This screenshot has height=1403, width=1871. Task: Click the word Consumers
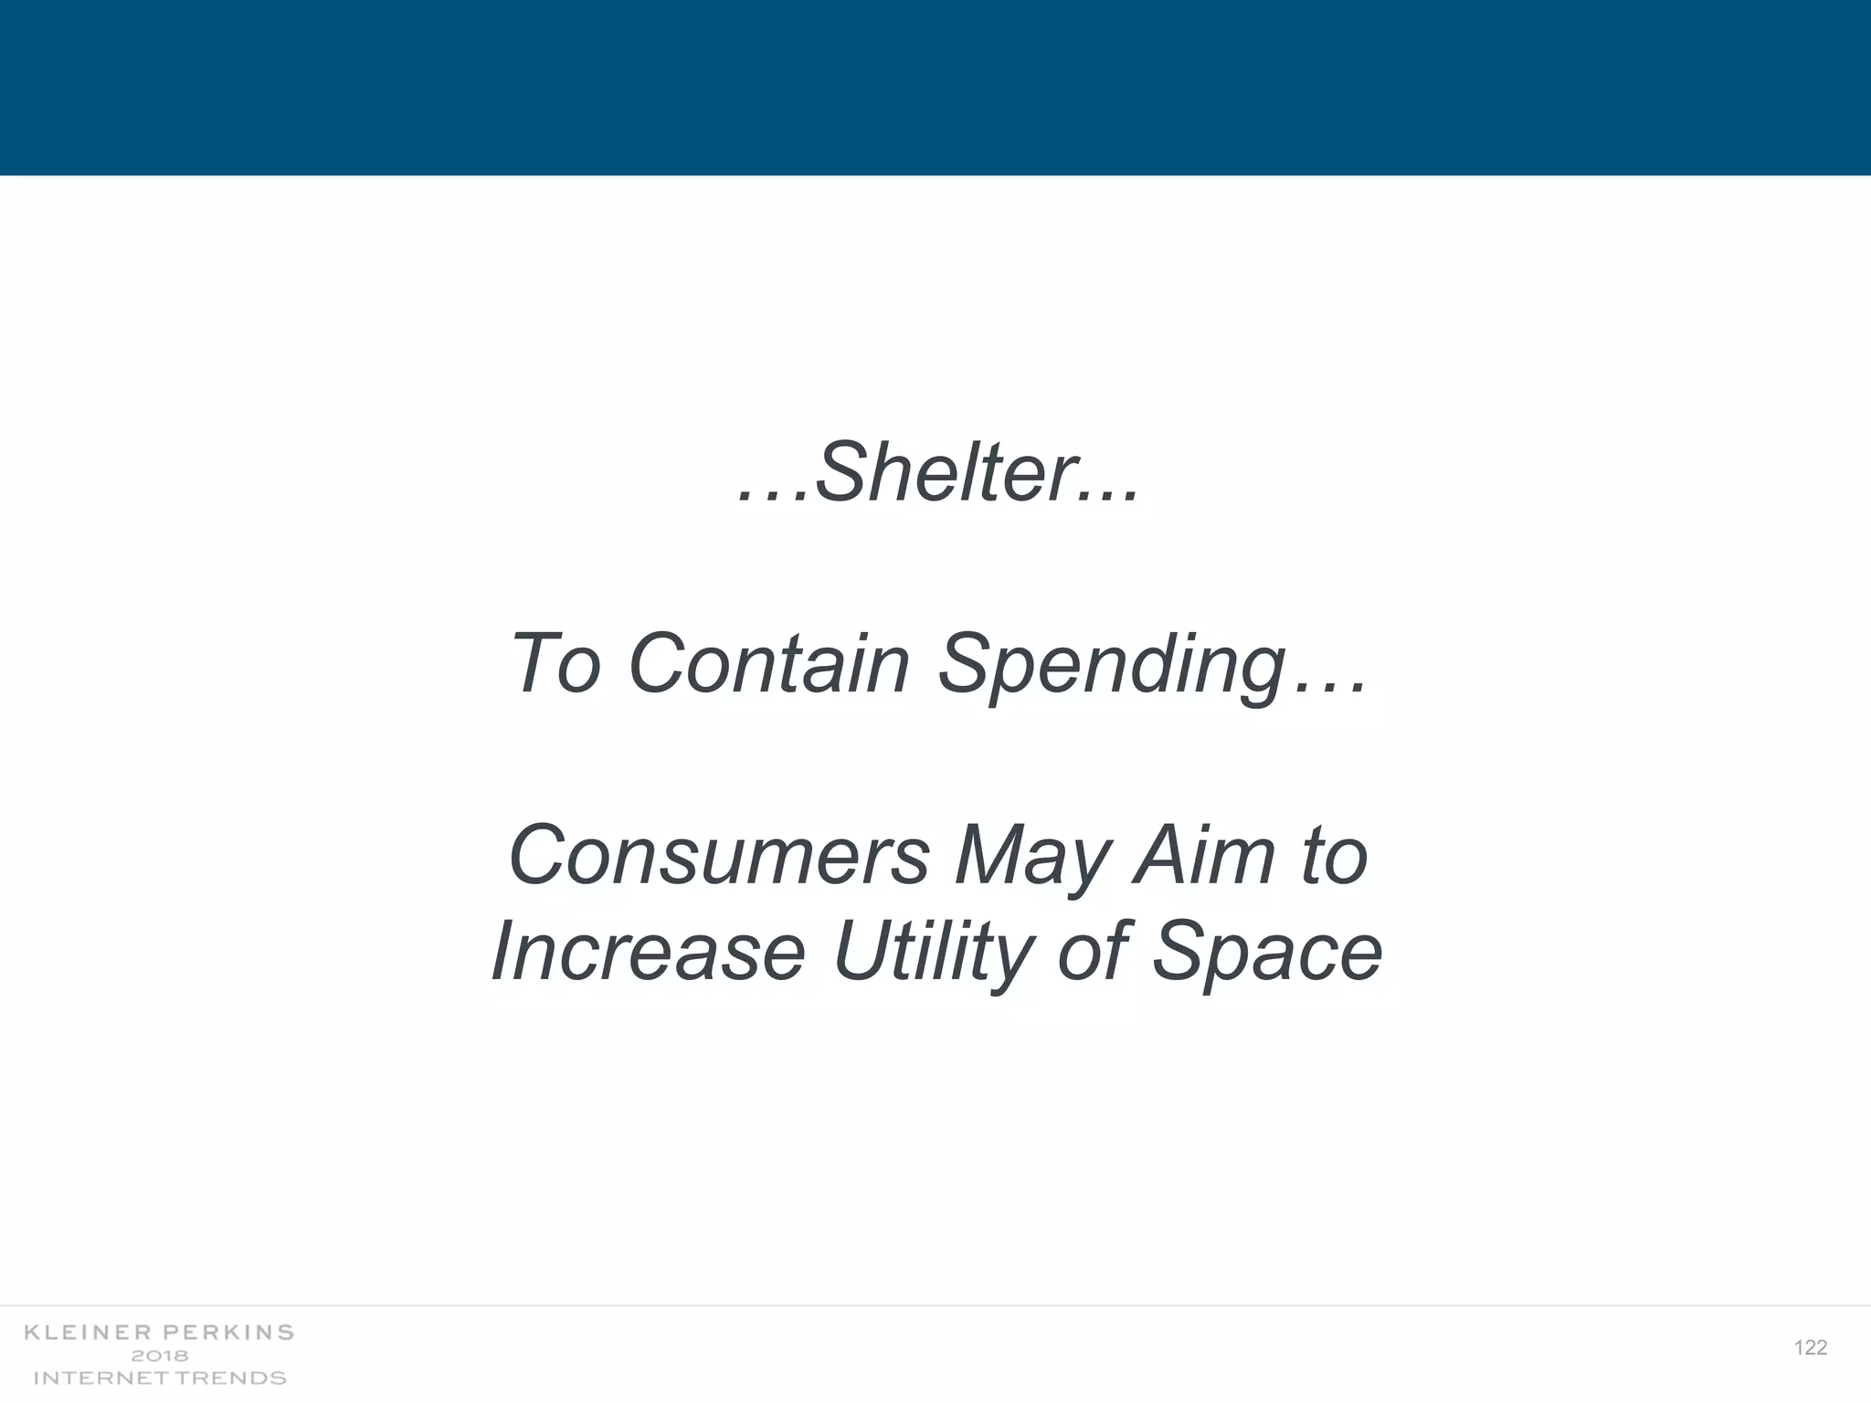pos(718,855)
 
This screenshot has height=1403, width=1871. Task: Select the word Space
pos(1266,954)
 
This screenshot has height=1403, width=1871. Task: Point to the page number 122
pos(1810,1348)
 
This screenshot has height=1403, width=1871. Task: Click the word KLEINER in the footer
pos(89,1333)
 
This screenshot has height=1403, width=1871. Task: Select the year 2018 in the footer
pos(159,1356)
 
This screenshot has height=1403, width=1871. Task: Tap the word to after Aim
pos(1335,855)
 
